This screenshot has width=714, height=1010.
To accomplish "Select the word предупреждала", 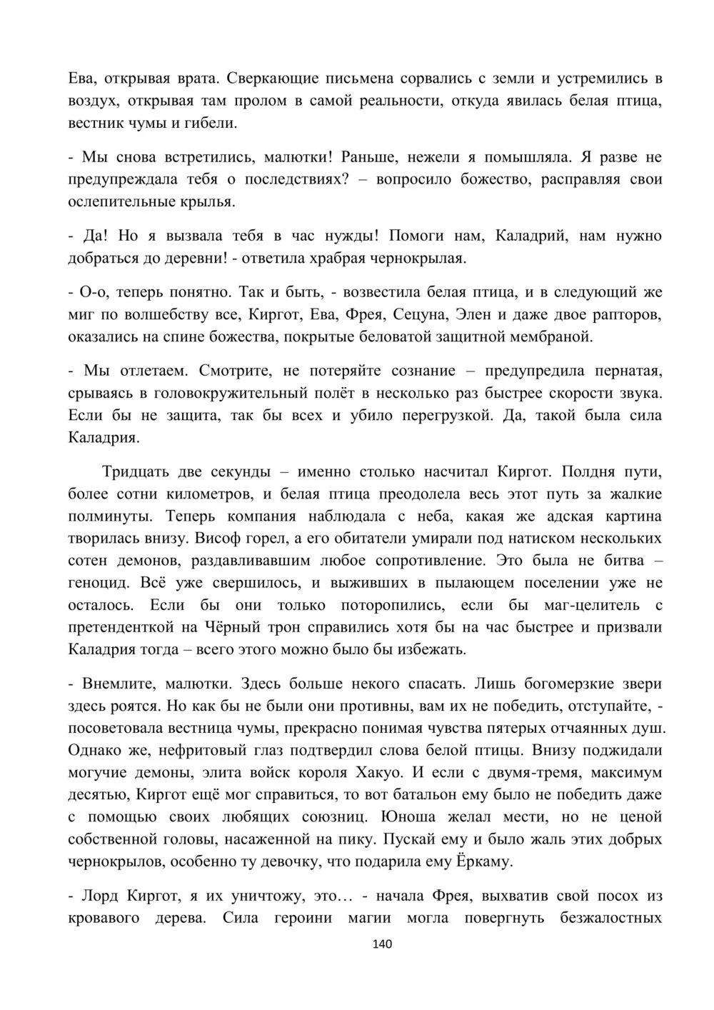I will click(116, 179).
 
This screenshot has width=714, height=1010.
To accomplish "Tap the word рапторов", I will click(625, 314).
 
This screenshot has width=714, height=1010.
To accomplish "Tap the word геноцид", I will click(97, 584).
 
